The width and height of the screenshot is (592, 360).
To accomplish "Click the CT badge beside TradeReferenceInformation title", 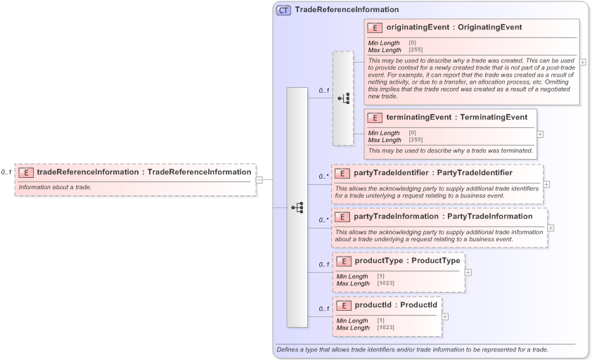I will pyautogui.click(x=284, y=10).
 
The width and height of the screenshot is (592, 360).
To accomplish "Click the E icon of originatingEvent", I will pyautogui.click(x=375, y=28).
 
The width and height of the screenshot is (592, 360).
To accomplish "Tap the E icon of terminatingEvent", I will pyautogui.click(x=375, y=118).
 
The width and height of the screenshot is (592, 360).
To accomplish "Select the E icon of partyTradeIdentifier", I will pyautogui.click(x=342, y=173).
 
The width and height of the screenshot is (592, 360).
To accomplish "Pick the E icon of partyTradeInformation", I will pyautogui.click(x=342, y=217).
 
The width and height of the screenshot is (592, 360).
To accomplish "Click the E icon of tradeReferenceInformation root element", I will pyautogui.click(x=26, y=172).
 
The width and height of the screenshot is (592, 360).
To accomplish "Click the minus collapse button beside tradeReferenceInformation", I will pyautogui.click(x=259, y=179).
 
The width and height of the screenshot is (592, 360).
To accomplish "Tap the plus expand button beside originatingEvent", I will pyautogui.click(x=583, y=62).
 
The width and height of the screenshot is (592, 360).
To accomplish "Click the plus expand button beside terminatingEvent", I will pyautogui.click(x=540, y=134).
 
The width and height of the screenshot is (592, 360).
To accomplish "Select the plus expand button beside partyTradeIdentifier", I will pyautogui.click(x=547, y=184).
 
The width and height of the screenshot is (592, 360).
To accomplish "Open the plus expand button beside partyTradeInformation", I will pyautogui.click(x=551, y=228).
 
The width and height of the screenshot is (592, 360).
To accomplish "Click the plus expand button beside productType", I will pyautogui.click(x=468, y=272).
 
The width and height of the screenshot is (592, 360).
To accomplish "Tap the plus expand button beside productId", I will pyautogui.click(x=445, y=316).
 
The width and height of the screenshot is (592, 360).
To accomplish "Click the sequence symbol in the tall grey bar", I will pyautogui.click(x=297, y=207).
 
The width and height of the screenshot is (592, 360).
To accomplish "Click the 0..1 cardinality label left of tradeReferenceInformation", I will pyautogui.click(x=6, y=172).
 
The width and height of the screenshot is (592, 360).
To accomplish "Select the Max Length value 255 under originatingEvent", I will pyautogui.click(x=416, y=50).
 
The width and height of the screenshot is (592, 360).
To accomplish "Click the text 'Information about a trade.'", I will pyautogui.click(x=55, y=188).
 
